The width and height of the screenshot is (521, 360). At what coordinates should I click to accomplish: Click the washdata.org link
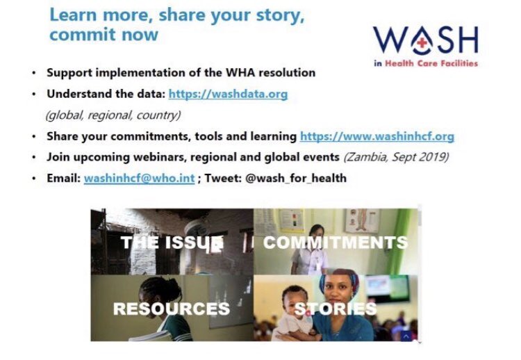[228, 95]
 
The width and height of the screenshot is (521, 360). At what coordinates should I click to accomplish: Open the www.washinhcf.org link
[377, 136]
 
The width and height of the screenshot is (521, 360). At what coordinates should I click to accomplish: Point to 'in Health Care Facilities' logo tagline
[425, 63]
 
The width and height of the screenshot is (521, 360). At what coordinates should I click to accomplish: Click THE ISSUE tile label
[172, 243]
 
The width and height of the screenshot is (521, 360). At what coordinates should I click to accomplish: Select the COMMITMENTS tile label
[335, 243]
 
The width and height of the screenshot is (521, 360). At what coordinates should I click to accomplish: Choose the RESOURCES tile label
[171, 308]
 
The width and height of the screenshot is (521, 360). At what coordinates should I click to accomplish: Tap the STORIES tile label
[335, 308]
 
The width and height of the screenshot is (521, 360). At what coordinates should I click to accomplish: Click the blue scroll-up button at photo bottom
[406, 336]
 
